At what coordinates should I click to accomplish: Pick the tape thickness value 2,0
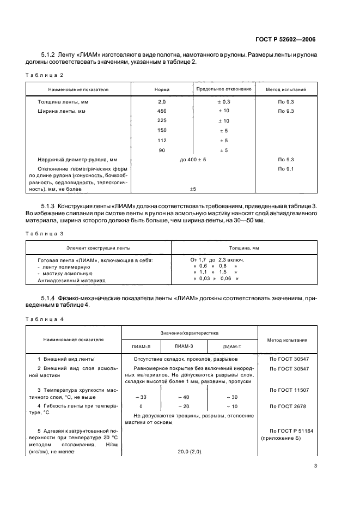(161, 102)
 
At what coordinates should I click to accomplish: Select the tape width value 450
(161, 111)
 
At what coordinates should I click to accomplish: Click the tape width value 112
(161, 140)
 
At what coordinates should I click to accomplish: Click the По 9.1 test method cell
(286, 169)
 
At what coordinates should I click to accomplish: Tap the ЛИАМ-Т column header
(232, 347)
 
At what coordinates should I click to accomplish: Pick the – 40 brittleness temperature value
(184, 397)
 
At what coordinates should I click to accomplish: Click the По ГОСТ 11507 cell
(286, 390)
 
